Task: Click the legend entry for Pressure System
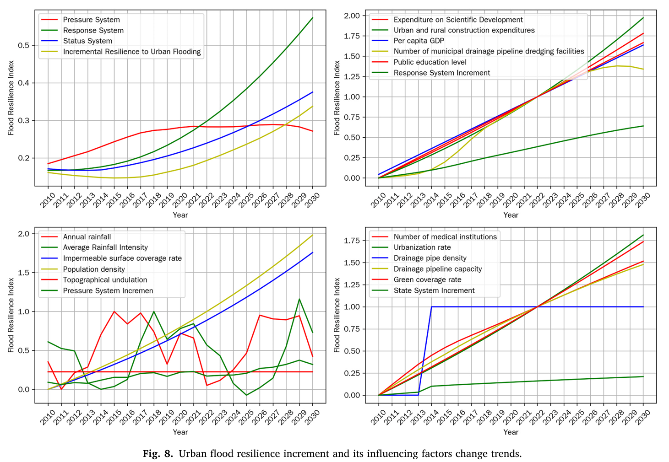coord(91,20)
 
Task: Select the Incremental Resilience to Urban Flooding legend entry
coord(132,52)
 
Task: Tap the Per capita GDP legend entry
coord(419,41)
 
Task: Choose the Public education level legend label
coord(430,62)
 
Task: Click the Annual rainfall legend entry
coord(87,237)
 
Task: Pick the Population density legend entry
coord(94,269)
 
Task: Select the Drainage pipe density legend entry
coord(430,258)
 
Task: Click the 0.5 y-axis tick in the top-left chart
coord(24,45)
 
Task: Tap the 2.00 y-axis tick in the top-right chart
coord(352,16)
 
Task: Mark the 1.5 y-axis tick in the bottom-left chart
coord(24,273)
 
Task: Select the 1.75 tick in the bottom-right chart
coord(352,241)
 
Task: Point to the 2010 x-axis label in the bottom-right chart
coord(378,417)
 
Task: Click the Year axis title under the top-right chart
coord(511,215)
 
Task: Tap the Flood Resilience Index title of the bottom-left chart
coord(11,315)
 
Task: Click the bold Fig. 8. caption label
coord(158,454)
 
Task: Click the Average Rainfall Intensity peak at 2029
coord(299,299)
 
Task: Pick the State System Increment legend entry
coord(434,290)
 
